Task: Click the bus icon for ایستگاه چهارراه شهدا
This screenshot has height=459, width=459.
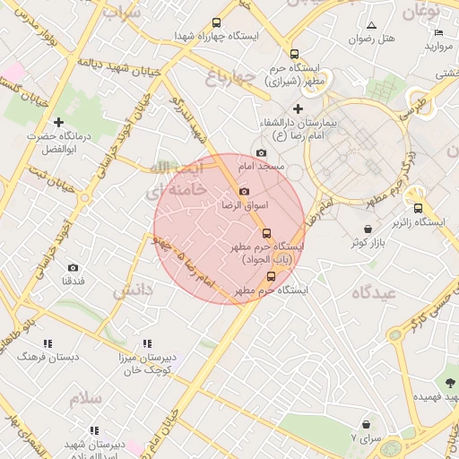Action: [x=216, y=23]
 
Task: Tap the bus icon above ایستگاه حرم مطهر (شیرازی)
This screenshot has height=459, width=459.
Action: [x=294, y=54]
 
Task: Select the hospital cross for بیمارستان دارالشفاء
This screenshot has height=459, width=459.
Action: [x=299, y=108]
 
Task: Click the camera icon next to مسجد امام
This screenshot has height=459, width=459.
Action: [x=261, y=153]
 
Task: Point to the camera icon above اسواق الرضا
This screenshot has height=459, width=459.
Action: [x=244, y=191]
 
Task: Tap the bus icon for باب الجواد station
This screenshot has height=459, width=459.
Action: [x=265, y=233]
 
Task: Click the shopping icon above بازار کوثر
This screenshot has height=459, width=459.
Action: [x=369, y=229]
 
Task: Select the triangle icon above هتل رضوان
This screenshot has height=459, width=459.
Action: [x=372, y=24]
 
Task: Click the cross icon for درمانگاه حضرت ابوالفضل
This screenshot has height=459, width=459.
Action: [x=59, y=122]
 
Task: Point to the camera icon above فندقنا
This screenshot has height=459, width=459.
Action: [x=73, y=267]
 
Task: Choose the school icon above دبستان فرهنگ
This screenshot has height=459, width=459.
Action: [x=48, y=343]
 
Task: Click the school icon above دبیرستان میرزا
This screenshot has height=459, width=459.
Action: [x=147, y=343]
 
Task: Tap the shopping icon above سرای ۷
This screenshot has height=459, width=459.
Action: [x=366, y=423]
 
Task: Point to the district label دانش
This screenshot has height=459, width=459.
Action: [x=132, y=291]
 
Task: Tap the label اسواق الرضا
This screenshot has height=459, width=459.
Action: [x=245, y=205]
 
